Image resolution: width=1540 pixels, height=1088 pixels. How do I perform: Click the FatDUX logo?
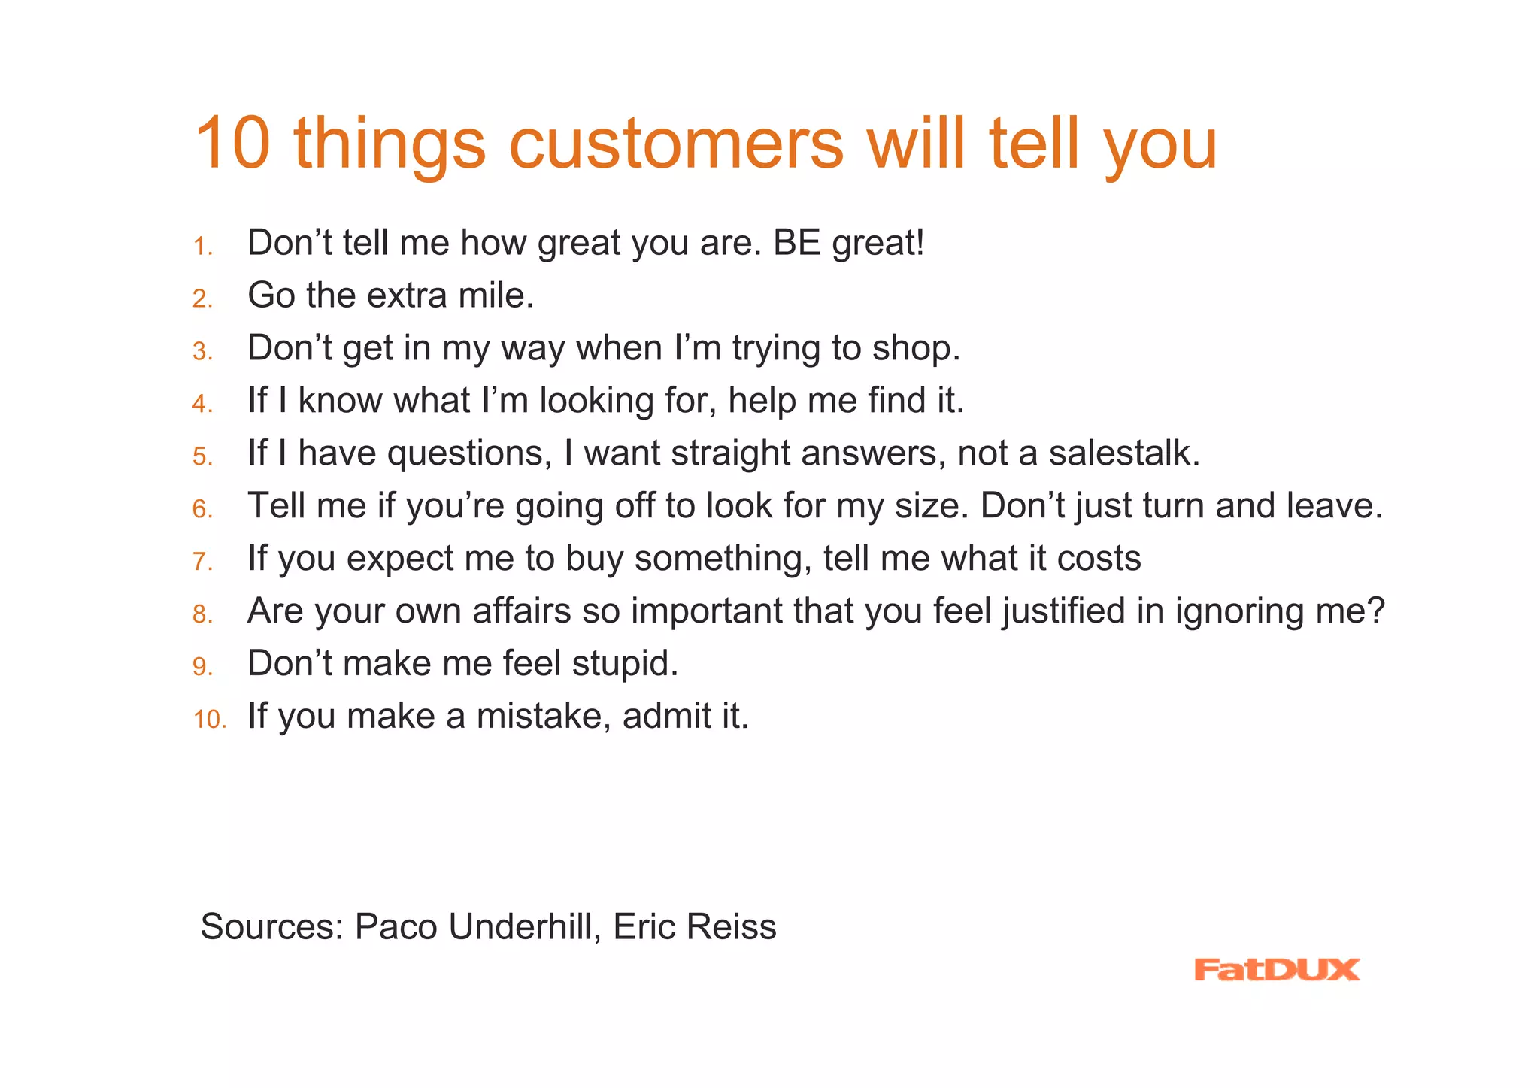tap(1276, 969)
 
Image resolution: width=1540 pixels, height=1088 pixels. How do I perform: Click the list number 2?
tap(202, 299)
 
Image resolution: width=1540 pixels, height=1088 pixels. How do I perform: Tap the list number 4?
tap(202, 405)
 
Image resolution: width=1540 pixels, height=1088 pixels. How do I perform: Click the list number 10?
tap(209, 720)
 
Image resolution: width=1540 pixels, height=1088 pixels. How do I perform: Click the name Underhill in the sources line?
tap(520, 926)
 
